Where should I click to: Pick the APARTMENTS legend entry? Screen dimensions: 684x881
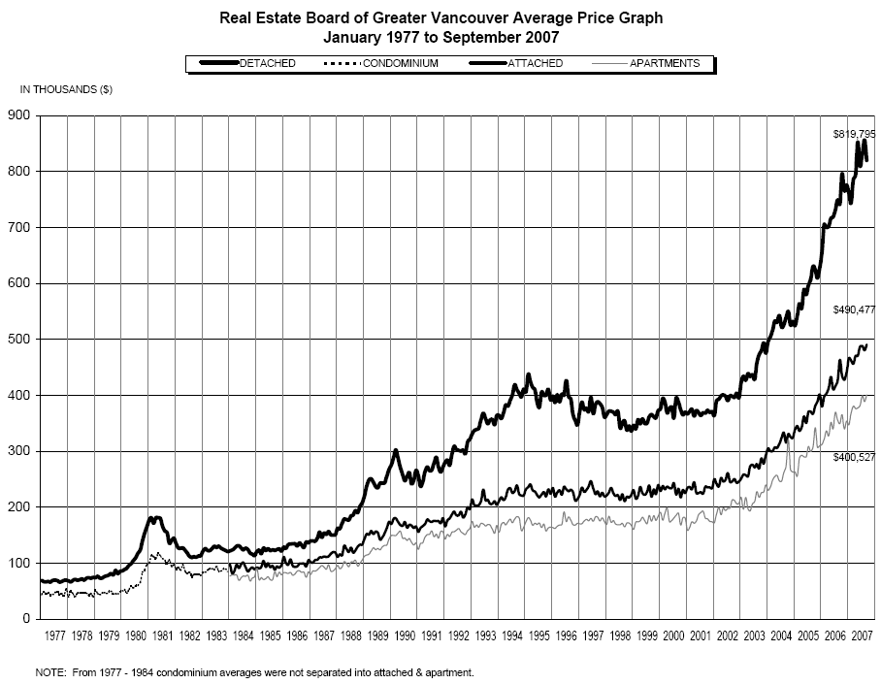(x=665, y=63)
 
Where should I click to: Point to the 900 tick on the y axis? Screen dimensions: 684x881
(x=20, y=116)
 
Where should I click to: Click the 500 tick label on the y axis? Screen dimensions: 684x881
(x=20, y=340)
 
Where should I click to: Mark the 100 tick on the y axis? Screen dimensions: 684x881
(x=20, y=564)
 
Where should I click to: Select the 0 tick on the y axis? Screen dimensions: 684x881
(x=27, y=619)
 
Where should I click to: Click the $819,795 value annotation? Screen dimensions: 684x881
(x=854, y=133)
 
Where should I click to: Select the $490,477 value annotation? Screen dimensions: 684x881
(x=854, y=309)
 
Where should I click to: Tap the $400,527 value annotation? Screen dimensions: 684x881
(x=854, y=456)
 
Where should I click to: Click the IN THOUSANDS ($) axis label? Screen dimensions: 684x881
(x=66, y=89)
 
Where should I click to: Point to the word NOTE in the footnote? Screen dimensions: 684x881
(x=49, y=671)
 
